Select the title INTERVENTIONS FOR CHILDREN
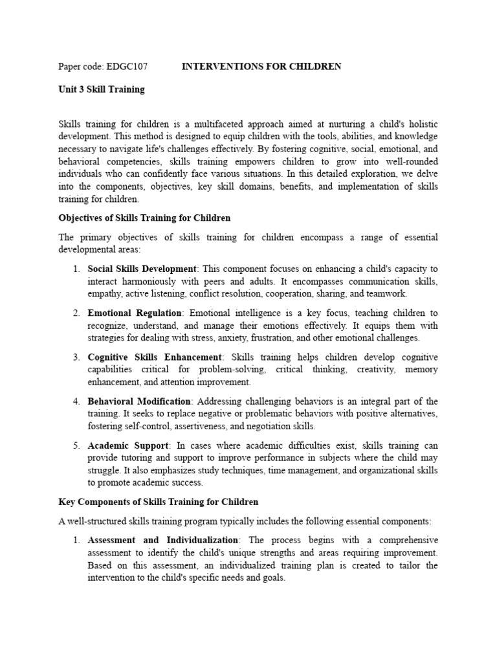pos(261,67)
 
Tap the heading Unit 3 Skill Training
pos(102,89)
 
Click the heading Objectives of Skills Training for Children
pos(144,218)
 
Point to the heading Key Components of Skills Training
pos(159,502)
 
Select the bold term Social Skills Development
pos(142,269)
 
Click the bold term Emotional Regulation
pos(135,313)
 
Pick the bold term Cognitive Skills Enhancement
pos(155,357)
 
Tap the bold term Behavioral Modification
pos(139,402)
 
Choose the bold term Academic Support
pos(128,446)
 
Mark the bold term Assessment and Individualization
pos(164,540)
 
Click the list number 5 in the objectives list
pos(76,446)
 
